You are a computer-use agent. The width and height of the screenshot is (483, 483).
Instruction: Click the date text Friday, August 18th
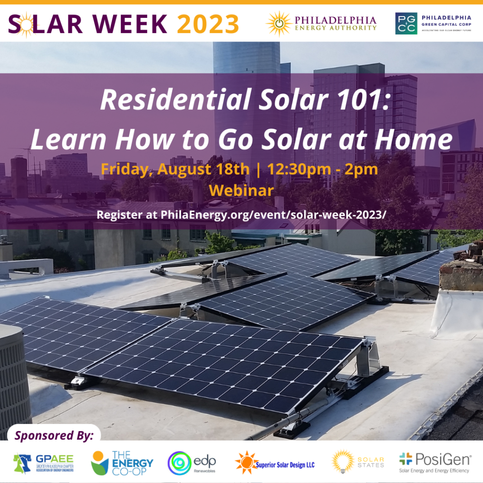175,169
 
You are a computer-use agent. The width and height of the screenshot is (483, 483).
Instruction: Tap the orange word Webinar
241,191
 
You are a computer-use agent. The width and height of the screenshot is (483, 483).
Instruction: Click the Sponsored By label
54,434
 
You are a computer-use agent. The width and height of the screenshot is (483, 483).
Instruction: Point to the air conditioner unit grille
13,377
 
